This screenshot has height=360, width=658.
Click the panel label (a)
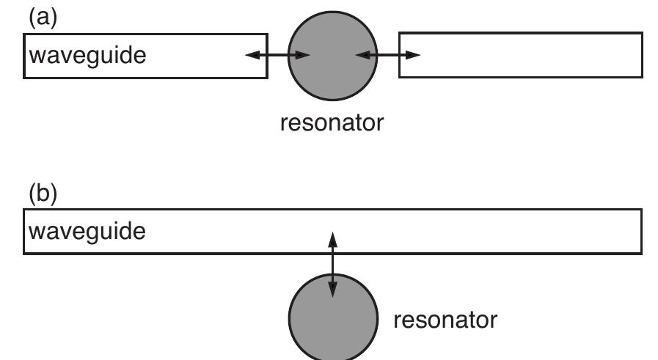41,17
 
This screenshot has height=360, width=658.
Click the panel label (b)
41,194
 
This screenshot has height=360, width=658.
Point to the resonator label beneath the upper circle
332,122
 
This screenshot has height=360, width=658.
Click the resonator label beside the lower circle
445,320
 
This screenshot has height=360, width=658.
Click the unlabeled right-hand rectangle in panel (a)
520,55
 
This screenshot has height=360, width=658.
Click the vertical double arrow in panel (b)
332,264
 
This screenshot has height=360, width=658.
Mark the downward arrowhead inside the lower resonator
332,291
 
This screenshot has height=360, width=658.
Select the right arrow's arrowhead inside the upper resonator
361,55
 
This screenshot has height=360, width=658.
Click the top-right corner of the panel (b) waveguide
642,210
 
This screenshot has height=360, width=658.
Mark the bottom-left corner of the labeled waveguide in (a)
25,77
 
